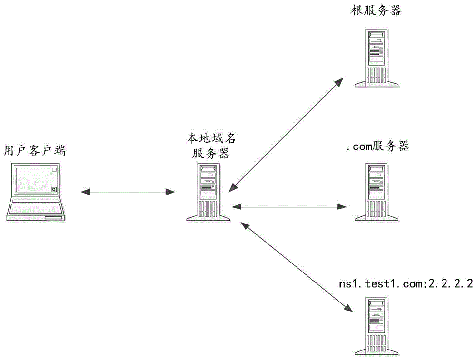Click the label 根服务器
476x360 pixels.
point(376,10)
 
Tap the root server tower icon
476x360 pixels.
point(376,57)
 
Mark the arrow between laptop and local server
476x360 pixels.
point(128,192)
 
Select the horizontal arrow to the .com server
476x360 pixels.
point(288,206)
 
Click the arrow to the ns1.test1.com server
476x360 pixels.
point(297,267)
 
